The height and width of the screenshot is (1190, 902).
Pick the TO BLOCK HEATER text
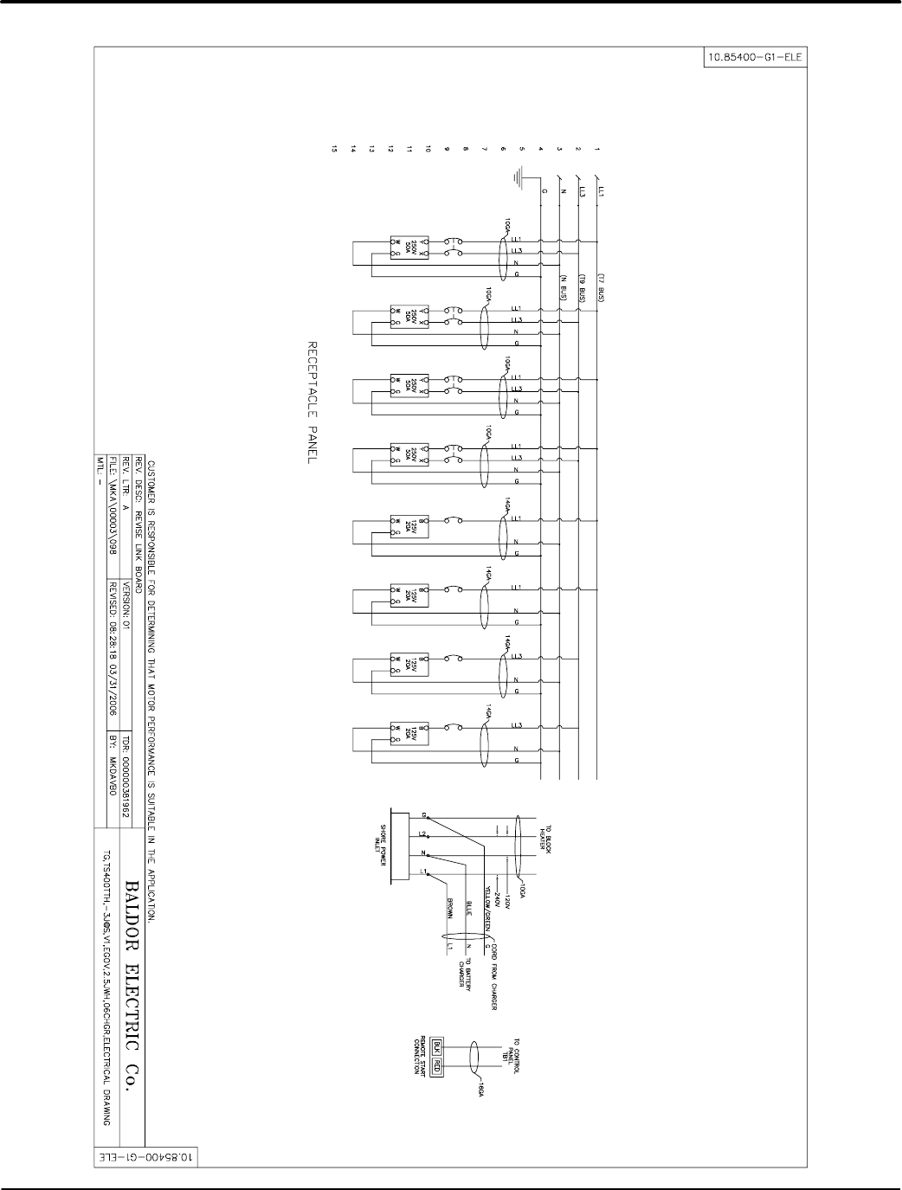[545, 834]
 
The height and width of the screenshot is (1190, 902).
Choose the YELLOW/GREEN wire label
[487, 912]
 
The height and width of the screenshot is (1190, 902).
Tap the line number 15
[332, 149]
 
